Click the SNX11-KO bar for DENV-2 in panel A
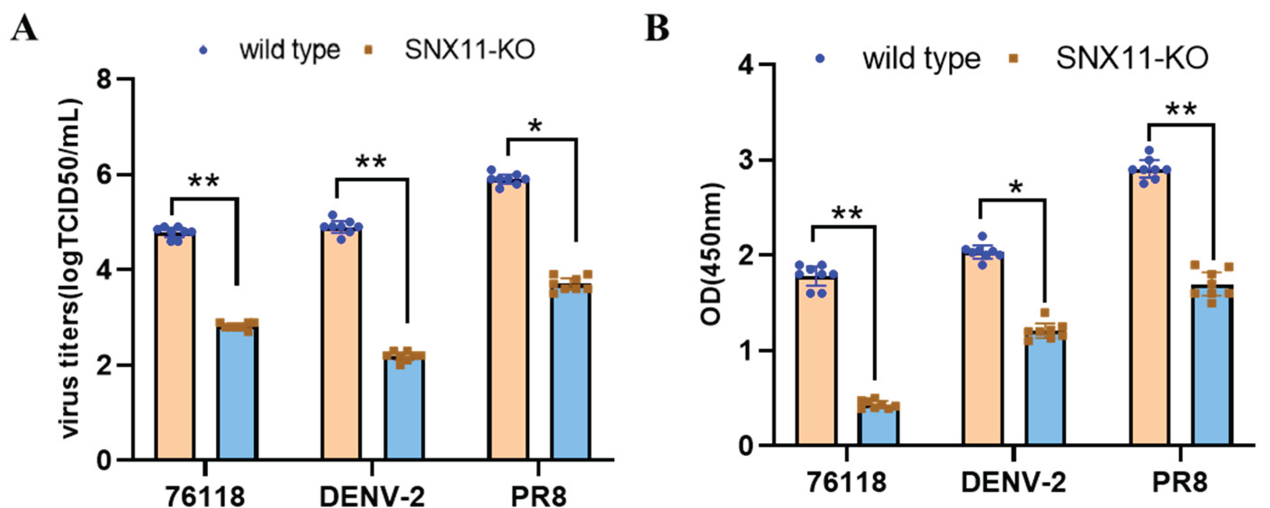tap(404, 409)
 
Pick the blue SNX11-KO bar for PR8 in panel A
tap(571, 375)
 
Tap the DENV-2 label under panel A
tap(372, 496)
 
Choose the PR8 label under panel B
tap(1180, 482)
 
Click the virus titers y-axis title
tap(72, 269)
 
